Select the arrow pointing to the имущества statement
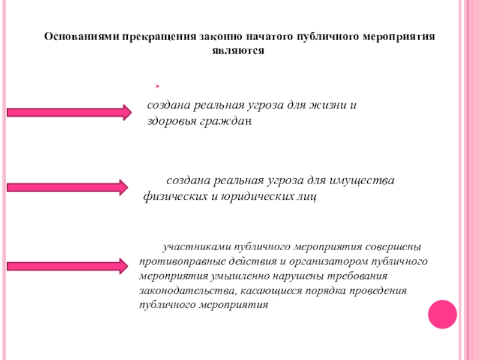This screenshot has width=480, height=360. click(67, 187)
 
